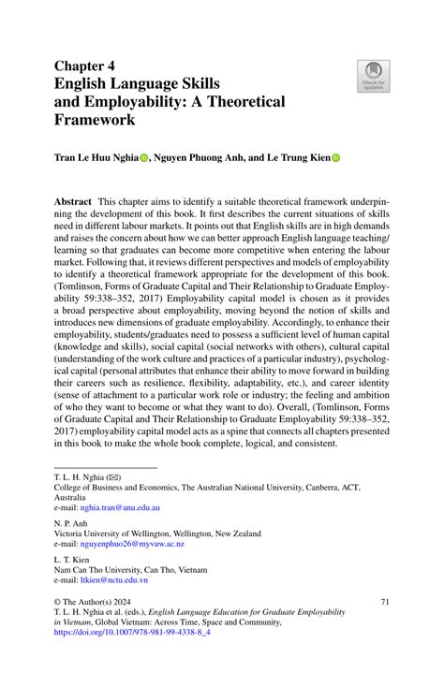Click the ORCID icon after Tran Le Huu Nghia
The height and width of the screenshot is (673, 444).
(x=144, y=159)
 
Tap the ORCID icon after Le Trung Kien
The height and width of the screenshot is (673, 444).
(x=335, y=159)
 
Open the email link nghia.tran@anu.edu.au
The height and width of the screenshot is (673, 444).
(x=120, y=506)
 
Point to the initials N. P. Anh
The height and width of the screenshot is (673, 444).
(x=72, y=524)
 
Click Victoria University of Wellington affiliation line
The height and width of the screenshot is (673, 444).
(x=157, y=534)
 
